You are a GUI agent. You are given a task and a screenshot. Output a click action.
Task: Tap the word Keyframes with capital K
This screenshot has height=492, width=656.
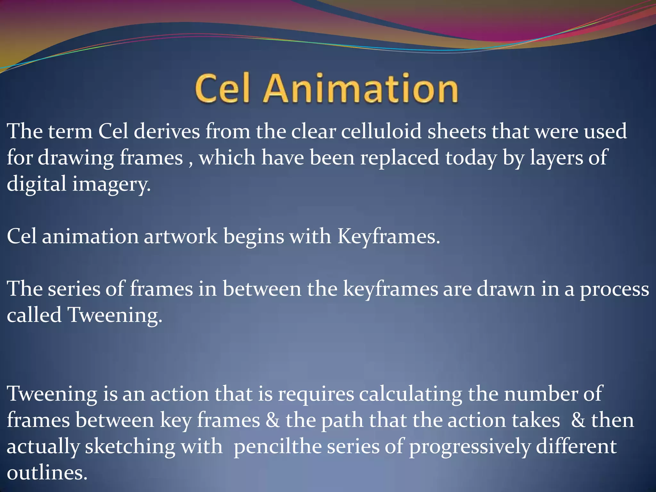pos(389,237)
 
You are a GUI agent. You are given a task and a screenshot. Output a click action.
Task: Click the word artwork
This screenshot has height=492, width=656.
pos(180,236)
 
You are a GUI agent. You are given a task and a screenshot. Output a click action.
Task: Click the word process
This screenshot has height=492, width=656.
pos(614,290)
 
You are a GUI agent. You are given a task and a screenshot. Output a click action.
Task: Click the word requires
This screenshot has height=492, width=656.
pos(316,395)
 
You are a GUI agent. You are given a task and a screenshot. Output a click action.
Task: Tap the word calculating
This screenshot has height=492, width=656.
pos(410,394)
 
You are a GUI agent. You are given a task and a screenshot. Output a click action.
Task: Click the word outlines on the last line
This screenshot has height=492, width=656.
pos(47,473)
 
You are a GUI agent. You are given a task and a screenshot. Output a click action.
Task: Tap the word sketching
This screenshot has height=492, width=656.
pos(130,447)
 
